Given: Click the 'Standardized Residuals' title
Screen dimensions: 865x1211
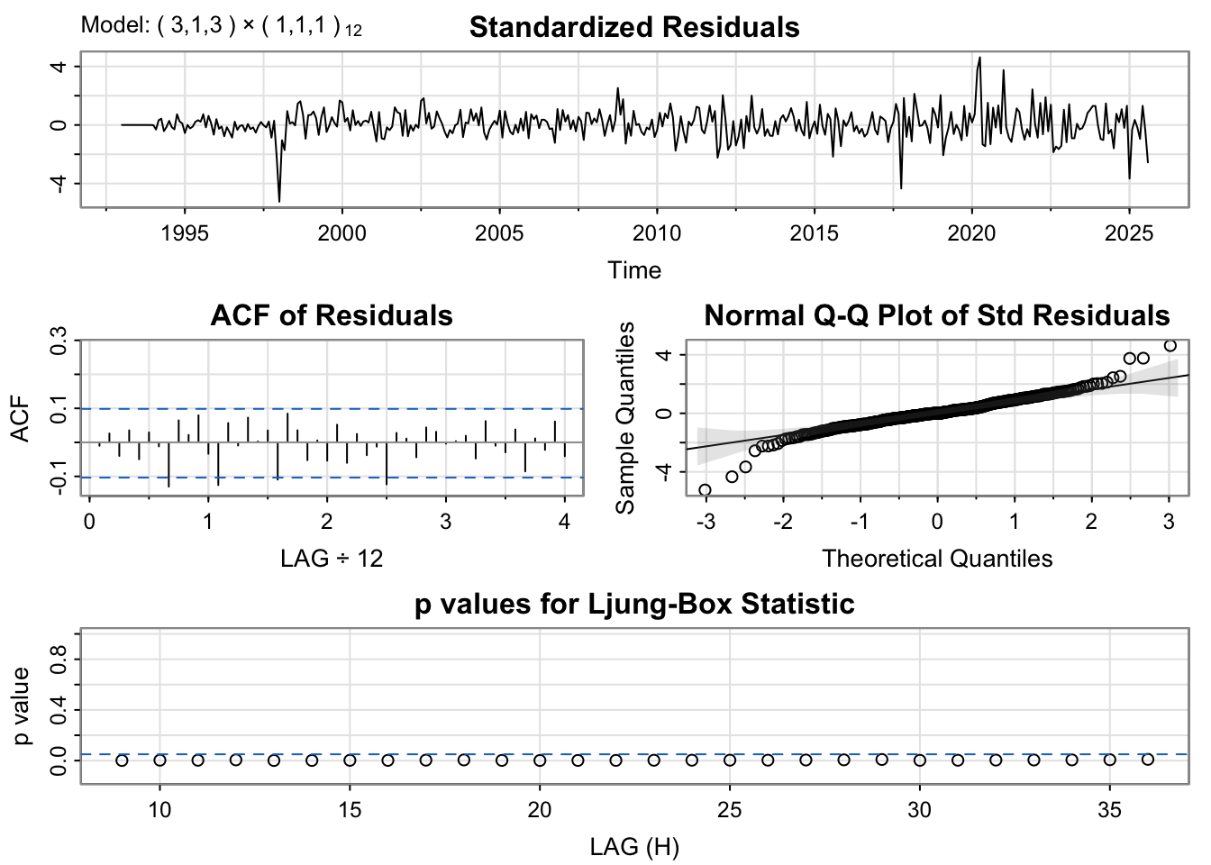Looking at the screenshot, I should [x=634, y=27].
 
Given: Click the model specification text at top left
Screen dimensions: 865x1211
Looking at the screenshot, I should [x=222, y=26].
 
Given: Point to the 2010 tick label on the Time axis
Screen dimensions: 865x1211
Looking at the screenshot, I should [x=657, y=233].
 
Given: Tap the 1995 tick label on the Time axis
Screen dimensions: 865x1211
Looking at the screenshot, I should [x=185, y=233].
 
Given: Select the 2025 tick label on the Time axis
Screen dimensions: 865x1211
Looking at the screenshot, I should [x=1129, y=233].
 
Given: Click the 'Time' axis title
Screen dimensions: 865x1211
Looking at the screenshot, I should [x=634, y=270].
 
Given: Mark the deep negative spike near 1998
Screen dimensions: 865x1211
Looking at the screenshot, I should [x=279, y=200].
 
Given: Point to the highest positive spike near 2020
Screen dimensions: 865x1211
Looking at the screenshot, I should [x=979, y=59].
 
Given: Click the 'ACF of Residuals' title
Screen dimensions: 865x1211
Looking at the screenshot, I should [x=332, y=315].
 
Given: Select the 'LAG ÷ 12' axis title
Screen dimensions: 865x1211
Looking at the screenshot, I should [x=332, y=559].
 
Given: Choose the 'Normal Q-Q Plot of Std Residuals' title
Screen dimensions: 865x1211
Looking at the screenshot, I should [x=937, y=315].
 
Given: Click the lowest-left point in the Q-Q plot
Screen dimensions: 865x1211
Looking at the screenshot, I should [x=705, y=490].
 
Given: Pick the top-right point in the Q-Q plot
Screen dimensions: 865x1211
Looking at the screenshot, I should [x=1170, y=345].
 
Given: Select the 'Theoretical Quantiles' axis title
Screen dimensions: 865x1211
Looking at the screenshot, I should [x=937, y=559].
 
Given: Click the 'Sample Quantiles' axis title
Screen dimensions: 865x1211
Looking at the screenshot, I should [x=625, y=417].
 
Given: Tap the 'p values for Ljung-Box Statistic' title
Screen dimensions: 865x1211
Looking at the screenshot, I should [x=634, y=604].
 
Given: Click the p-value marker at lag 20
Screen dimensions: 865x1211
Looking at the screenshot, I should [x=540, y=760].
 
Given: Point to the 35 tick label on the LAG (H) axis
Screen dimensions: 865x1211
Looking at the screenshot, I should [x=1110, y=810].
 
